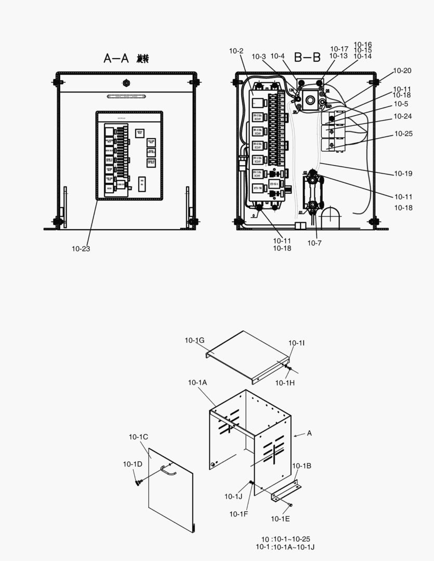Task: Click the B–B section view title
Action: click(307, 57)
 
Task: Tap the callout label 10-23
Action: click(81, 249)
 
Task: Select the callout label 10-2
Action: click(236, 51)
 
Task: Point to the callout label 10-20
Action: click(402, 71)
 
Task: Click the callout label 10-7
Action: click(314, 243)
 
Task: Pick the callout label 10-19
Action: click(403, 173)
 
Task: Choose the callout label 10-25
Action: click(403, 133)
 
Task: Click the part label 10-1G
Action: click(194, 340)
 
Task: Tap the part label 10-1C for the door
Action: click(139, 437)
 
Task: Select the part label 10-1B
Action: click(301, 465)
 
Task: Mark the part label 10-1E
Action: click(280, 518)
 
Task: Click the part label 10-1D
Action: click(133, 464)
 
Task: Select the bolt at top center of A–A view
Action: click(126, 83)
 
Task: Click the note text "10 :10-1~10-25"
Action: click(285, 539)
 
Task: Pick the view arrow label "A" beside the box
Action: click(309, 433)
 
